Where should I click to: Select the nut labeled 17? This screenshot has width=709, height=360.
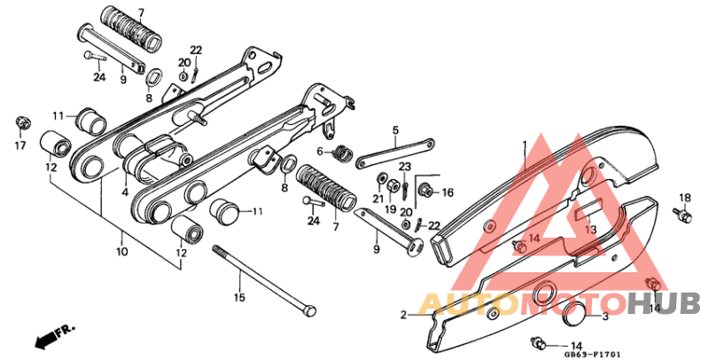click(23, 119)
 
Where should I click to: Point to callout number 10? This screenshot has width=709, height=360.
click(121, 252)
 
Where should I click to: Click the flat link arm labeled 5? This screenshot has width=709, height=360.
click(394, 151)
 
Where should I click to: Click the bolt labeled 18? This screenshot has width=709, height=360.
click(682, 213)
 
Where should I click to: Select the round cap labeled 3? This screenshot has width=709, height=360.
click(573, 314)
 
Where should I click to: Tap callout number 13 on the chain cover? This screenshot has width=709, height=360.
click(589, 231)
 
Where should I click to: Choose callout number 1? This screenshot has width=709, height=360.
click(524, 143)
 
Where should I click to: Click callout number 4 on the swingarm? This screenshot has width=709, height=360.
click(125, 191)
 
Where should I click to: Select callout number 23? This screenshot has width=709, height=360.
click(404, 167)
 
